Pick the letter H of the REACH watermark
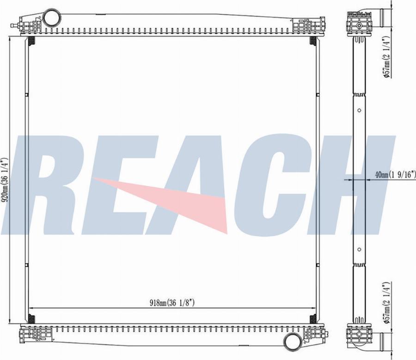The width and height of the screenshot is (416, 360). [x=356, y=185]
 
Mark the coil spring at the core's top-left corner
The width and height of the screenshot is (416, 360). [x=31, y=42]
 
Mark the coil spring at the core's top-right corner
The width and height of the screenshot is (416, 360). [x=313, y=42]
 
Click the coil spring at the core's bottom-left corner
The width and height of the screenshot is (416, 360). [x=31, y=319]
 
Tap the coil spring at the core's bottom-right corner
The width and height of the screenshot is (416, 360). [x=313, y=319]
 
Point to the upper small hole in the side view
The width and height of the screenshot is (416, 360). [x=359, y=111]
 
